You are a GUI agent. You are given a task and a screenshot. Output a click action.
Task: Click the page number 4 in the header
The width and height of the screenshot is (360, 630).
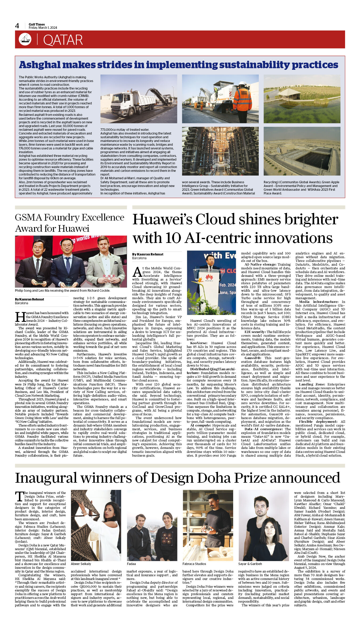[x=17, y=26]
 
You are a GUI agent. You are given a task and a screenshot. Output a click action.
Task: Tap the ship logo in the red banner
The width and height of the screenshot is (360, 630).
[x=25, y=39]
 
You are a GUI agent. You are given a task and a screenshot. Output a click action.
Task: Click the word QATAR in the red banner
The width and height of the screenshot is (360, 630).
[x=63, y=40]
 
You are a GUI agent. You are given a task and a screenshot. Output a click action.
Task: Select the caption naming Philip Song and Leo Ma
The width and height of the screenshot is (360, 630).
[x=62, y=290]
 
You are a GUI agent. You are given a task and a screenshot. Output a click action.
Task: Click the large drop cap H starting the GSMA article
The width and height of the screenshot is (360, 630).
[x=20, y=317]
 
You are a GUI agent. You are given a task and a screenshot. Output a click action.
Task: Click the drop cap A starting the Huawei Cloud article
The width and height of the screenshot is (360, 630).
[x=137, y=272]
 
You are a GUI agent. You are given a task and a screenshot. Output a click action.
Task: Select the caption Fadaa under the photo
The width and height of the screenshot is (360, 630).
[x=131, y=564]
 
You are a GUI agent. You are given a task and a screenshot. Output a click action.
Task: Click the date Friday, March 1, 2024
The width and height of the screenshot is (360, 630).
[x=43, y=28]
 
